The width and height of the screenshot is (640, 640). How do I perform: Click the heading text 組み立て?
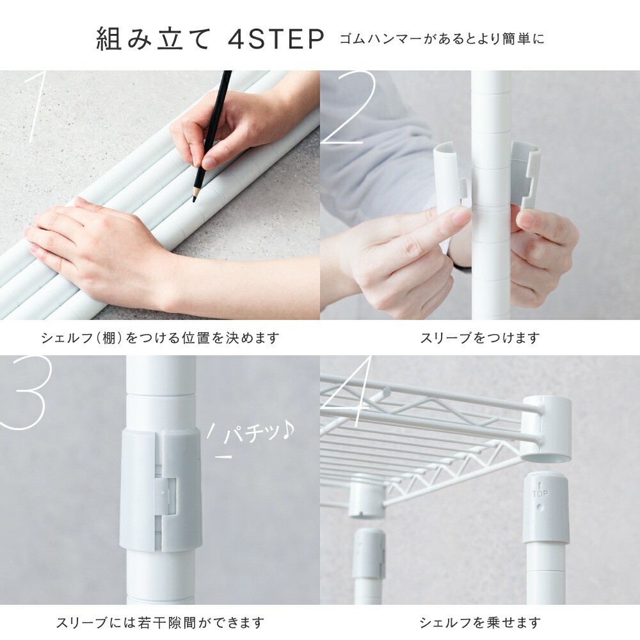click(x=154, y=39)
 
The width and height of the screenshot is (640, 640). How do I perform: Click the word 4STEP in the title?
click(x=276, y=39)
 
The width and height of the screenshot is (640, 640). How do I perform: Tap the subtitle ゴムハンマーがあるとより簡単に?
click(x=442, y=39)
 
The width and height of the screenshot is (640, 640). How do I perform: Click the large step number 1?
click(x=35, y=107)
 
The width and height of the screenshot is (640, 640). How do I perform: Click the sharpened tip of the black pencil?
click(x=195, y=200)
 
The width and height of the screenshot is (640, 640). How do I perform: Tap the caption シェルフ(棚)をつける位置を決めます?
click(x=161, y=338)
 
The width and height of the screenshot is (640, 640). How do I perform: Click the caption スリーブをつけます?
click(x=480, y=338)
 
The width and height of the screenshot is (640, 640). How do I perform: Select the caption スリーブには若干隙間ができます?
click(x=160, y=623)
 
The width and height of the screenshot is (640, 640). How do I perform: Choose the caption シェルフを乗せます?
click(x=480, y=623)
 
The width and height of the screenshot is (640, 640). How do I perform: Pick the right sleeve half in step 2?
click(x=525, y=175)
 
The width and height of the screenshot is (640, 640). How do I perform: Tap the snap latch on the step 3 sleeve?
click(x=165, y=497)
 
